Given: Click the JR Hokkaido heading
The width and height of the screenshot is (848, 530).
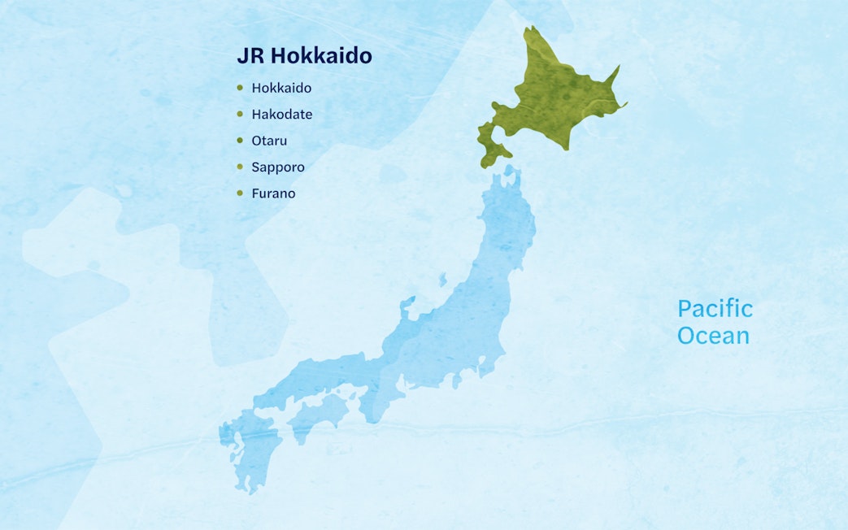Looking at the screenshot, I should click(304, 56).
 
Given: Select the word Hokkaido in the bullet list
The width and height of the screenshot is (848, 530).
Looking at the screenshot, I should click(281, 88).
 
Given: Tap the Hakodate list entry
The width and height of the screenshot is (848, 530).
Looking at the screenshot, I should click(281, 115).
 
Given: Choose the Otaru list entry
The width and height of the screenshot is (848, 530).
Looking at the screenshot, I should click(269, 141).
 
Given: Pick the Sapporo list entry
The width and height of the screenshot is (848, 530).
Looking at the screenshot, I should click(278, 167).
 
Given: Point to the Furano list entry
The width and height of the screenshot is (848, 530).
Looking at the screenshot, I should click(273, 193).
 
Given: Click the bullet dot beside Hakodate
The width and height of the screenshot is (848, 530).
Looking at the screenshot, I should click(240, 115).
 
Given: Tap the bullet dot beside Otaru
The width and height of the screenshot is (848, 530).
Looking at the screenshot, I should click(240, 141).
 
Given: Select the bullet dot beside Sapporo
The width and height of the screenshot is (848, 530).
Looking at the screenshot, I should click(240, 167).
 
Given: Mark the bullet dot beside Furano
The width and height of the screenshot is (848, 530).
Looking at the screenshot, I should click(240, 193).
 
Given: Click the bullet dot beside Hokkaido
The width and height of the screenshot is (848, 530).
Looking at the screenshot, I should click(240, 88).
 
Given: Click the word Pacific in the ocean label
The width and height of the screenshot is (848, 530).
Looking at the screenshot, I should click(715, 309).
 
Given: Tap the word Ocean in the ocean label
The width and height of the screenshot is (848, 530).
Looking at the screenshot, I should click(713, 335).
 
